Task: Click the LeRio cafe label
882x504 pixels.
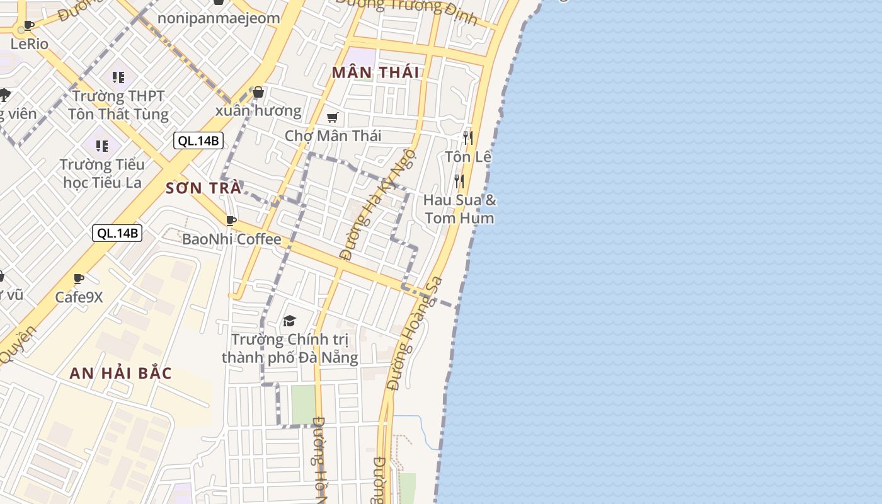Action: coord(29,44)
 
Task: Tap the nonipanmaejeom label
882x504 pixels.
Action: coord(218,18)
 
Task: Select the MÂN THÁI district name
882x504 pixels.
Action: coord(375,72)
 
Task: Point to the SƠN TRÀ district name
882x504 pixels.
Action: coord(203,188)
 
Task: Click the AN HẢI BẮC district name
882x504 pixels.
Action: coord(120,373)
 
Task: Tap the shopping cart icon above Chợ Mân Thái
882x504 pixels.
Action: coord(333,118)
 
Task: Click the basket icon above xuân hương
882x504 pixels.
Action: coord(258,93)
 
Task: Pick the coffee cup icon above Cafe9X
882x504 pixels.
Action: coord(79,278)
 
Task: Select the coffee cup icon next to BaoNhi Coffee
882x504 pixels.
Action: coord(231,220)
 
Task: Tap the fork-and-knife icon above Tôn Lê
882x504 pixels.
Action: coord(467,137)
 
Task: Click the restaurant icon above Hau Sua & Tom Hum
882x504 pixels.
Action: coord(459,181)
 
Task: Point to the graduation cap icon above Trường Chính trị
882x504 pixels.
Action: coord(289,321)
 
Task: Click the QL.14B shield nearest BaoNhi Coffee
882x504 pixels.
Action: coord(118,233)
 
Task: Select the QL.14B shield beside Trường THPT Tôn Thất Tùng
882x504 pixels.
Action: coord(198,140)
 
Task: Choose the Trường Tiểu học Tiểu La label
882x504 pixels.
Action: coord(102,174)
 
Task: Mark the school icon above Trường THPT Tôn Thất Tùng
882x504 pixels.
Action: coord(118,77)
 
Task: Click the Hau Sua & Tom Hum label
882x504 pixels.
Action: coord(459,209)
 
